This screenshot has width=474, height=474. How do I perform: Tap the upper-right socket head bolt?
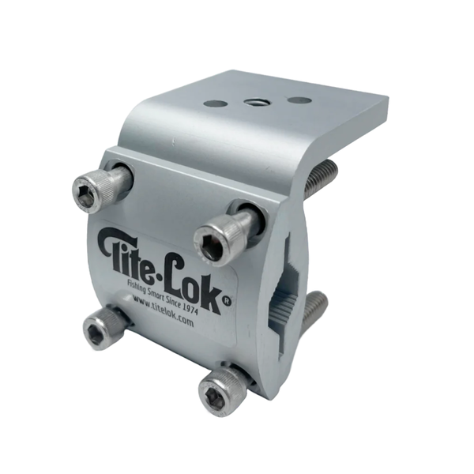tap(227, 232)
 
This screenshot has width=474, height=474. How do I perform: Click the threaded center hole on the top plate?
tap(255, 102)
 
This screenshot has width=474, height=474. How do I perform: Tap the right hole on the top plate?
tap(299, 100)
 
